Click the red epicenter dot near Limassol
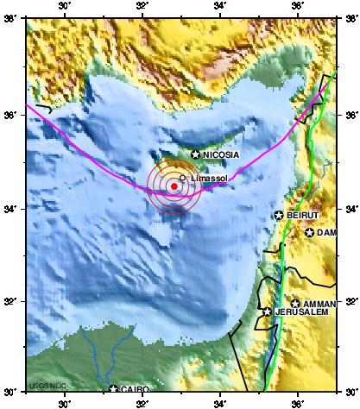point(174,186)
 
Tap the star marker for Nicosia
point(195,154)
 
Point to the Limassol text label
point(205,178)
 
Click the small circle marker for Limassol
point(182,178)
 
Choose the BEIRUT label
point(303,215)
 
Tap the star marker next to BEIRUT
point(279,215)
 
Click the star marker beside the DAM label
point(309,232)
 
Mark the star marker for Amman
point(295,304)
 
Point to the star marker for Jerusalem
point(268,311)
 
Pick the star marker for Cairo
point(113,389)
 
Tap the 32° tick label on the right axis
point(348,302)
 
